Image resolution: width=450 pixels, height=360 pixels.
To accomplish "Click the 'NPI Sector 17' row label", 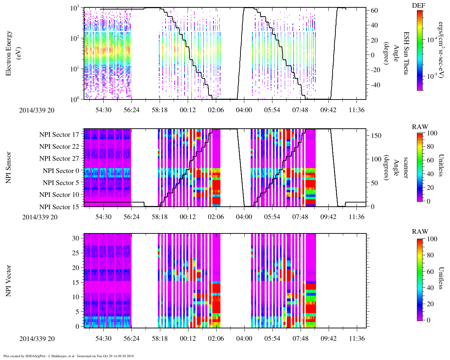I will [59, 135].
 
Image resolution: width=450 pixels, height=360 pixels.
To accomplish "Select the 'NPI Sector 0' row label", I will [61, 171].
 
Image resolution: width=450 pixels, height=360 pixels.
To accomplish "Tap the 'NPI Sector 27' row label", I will [59, 159].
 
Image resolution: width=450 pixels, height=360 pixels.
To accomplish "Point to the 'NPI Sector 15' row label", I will [59, 207].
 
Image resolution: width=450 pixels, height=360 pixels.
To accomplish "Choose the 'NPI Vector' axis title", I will [9, 281].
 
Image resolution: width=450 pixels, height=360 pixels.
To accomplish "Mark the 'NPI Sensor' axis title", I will [9, 167].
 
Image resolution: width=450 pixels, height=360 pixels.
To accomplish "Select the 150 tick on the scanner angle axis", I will [376, 135].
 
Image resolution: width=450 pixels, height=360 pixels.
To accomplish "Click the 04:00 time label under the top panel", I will [244, 110].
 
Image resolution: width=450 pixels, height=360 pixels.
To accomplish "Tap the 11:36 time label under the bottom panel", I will [356, 339].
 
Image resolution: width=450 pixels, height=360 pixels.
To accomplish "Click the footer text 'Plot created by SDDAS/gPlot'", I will [35, 356].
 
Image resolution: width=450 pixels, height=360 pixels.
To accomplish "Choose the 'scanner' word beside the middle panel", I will [405, 167].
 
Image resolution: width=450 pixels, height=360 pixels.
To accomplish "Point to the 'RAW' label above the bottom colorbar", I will [420, 232].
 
